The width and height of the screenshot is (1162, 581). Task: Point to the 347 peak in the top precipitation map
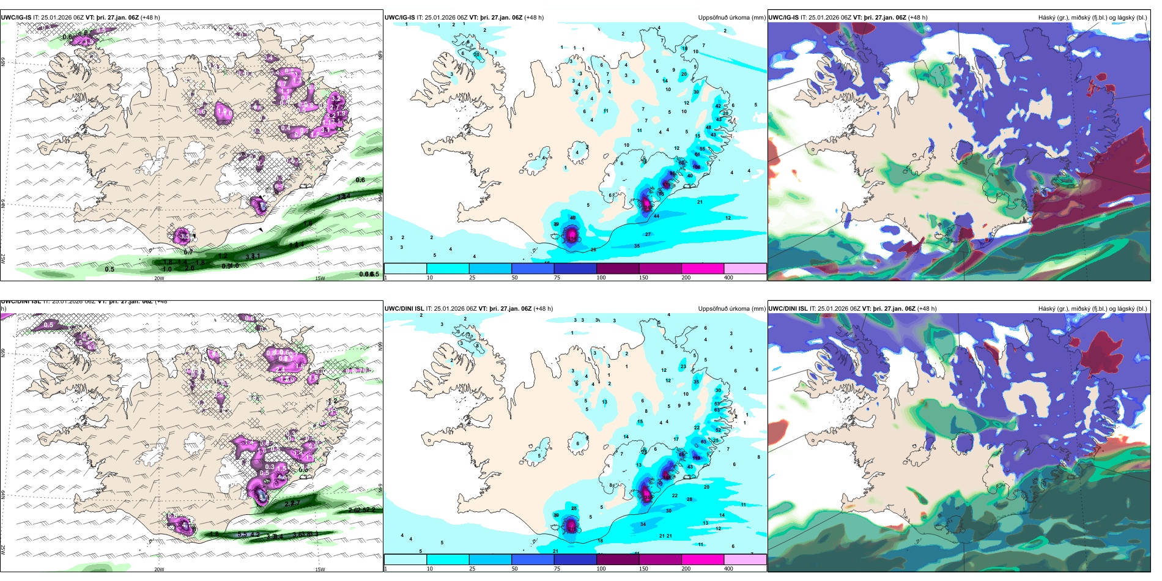(x=648, y=207)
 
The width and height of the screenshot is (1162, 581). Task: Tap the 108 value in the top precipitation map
(x=696, y=166)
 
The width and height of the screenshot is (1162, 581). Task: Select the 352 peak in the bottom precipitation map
(x=648, y=497)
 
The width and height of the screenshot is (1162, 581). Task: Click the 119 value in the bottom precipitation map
(x=696, y=457)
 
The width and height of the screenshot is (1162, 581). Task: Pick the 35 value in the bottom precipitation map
(x=696, y=382)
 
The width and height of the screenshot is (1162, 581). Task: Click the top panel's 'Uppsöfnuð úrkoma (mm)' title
(x=731, y=18)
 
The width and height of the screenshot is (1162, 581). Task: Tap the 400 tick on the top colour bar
(x=728, y=278)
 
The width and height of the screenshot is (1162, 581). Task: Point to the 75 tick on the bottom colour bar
(x=557, y=568)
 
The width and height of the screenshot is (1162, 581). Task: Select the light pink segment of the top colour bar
(x=745, y=268)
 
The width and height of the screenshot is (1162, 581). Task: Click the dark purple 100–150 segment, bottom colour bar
(x=618, y=560)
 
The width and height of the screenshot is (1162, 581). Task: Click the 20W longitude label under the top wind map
(x=159, y=278)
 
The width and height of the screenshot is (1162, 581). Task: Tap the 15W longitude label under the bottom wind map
(x=320, y=569)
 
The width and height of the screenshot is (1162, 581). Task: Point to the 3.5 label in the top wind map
(x=184, y=235)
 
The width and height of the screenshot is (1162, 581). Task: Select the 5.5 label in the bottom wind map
(x=242, y=535)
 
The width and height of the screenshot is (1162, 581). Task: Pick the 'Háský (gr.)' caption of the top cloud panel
(x=1053, y=18)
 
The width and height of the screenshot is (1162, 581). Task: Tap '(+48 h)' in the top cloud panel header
(x=917, y=18)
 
